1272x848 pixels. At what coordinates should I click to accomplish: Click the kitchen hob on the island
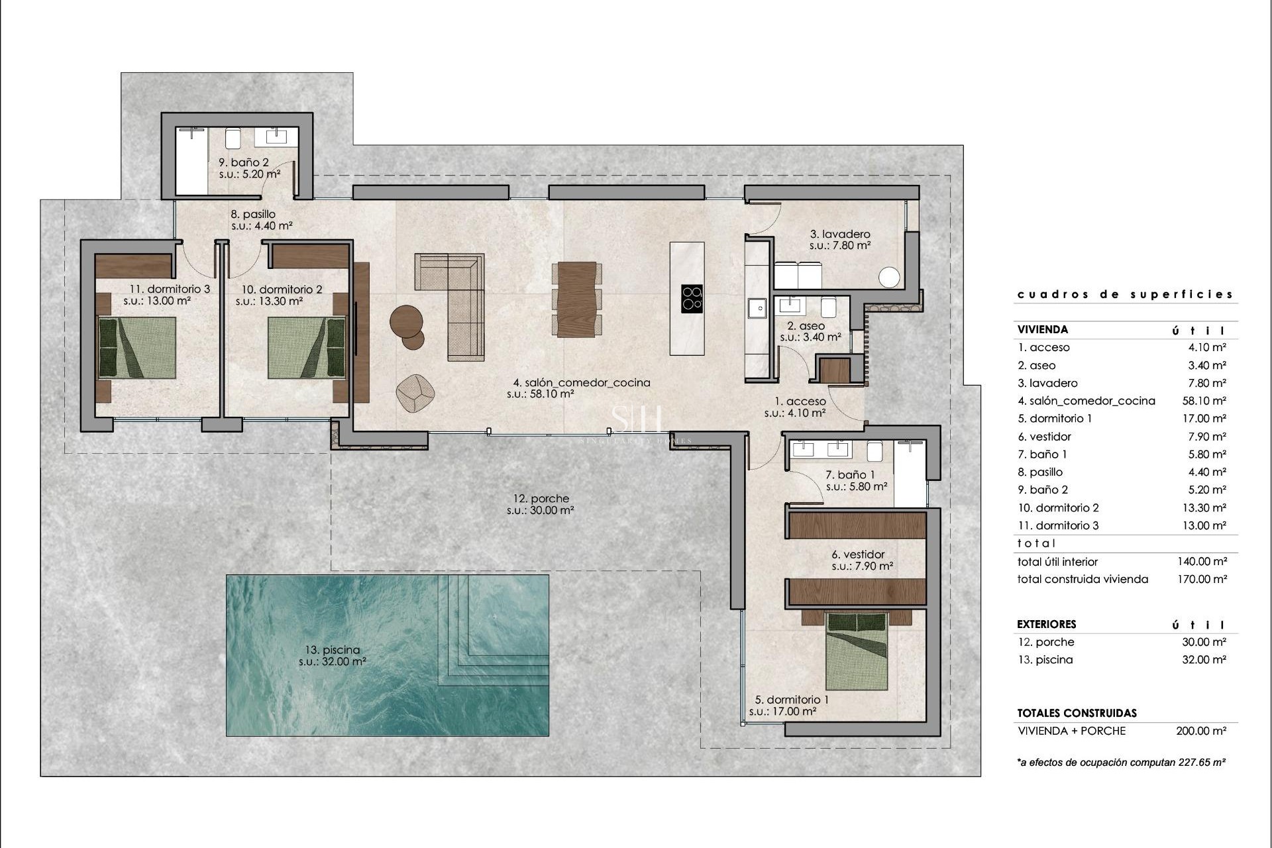click(x=692, y=299)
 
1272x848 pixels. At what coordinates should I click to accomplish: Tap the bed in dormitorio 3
click(x=137, y=348)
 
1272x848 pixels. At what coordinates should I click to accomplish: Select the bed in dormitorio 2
click(x=307, y=348)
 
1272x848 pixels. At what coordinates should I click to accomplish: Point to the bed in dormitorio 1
click(x=856, y=651)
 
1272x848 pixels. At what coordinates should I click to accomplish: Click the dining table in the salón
click(x=576, y=299)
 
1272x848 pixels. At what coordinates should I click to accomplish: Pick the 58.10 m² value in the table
click(x=1204, y=401)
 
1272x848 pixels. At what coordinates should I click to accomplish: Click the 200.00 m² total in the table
click(x=1202, y=731)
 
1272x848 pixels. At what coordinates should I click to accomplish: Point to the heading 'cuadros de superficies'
click(x=1125, y=294)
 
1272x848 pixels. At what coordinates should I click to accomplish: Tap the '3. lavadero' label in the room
click(x=840, y=234)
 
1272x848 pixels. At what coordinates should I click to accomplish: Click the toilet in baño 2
click(x=233, y=138)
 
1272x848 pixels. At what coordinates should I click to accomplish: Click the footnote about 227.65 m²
click(x=1121, y=763)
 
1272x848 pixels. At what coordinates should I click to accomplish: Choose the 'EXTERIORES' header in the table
click(x=1047, y=624)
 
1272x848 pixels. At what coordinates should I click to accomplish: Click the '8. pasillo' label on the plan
click(x=253, y=214)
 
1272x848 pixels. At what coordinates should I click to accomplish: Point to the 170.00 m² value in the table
click(x=1202, y=579)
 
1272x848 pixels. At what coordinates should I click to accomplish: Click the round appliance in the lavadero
click(x=890, y=278)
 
